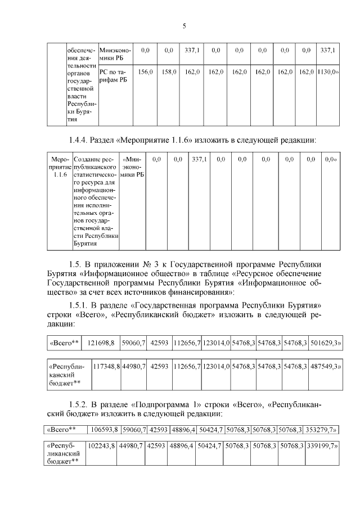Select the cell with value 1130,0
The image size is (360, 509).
pos(327,72)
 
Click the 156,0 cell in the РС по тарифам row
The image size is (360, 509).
pos(145,72)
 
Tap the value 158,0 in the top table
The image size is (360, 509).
pos(169,72)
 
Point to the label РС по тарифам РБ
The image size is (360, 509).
pos(112,76)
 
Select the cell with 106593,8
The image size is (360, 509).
pos(103,431)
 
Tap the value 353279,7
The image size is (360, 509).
pos(321,431)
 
